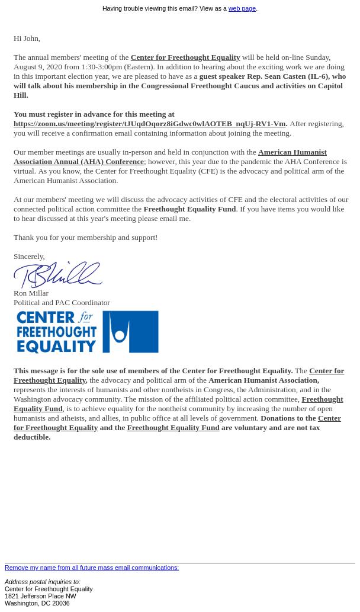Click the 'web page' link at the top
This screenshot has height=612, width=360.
pos(242,9)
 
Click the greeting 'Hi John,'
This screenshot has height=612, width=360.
pos(27,39)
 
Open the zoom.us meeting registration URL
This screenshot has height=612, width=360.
pos(149,124)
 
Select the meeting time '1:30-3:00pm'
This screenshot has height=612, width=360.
pos(101,67)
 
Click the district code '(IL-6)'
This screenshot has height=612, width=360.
pos(317,76)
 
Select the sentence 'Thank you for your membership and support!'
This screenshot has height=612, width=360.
pos(85,238)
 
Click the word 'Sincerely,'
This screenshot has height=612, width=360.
pos(29,257)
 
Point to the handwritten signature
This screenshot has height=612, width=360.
pos(57,275)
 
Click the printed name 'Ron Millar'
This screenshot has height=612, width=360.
pos(31,293)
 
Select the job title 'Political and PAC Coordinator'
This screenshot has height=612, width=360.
pos(62,303)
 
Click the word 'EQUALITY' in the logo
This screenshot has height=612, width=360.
pos(56,345)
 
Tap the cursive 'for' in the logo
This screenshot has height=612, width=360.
pos(86,317)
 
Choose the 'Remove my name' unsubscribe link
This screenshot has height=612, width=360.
pos(92,568)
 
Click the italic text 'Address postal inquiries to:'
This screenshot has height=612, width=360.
pos(42,582)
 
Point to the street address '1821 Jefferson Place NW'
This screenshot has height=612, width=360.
pos(40,597)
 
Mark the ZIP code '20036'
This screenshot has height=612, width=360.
pos(60,604)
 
